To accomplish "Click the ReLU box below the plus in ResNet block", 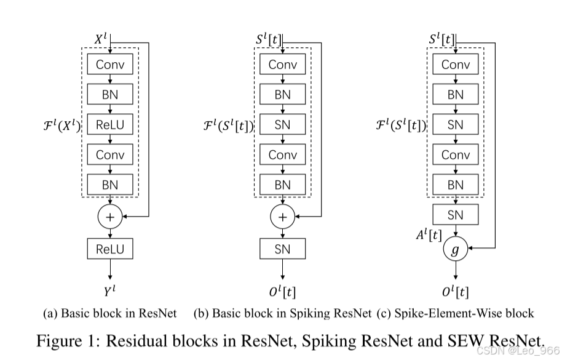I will point(110,249).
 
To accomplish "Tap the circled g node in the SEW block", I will point(455,250).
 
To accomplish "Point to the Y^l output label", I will point(110,289).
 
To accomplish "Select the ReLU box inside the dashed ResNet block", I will point(110,125).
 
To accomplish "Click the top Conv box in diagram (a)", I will point(110,65).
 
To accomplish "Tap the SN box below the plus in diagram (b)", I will point(282,249).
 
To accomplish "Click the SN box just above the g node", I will point(455,215).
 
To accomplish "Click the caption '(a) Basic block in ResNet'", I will point(110,313).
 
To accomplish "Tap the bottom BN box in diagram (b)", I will point(282,185).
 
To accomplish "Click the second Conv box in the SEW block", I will point(455,154).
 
